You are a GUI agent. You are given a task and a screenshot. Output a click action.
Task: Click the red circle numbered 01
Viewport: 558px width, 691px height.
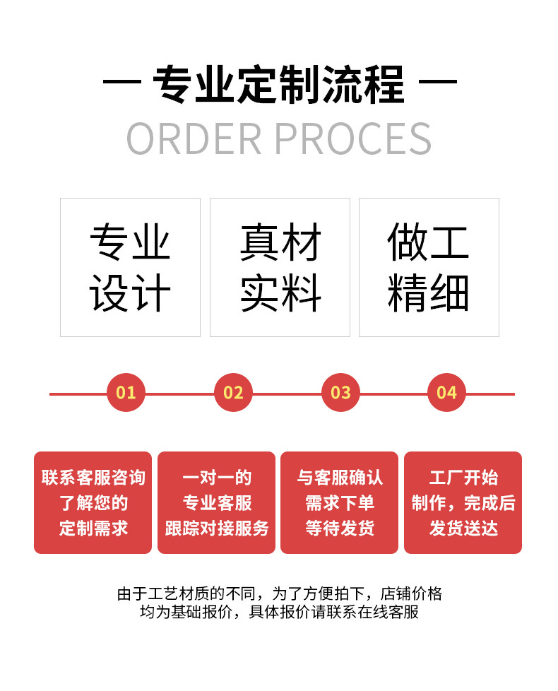coord(126,393)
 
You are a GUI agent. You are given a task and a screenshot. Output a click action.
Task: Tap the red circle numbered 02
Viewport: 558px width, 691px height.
coord(233,393)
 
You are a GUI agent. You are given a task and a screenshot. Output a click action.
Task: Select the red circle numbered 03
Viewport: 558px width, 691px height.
coord(340,393)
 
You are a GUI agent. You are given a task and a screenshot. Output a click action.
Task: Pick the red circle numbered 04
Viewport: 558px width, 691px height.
coord(446,393)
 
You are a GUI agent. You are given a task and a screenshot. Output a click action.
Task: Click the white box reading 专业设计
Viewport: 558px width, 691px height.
coord(130,267)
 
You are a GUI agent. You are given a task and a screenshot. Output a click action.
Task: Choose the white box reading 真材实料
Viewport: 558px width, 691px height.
coord(280,267)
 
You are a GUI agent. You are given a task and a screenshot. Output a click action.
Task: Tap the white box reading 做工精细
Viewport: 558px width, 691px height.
coord(429,267)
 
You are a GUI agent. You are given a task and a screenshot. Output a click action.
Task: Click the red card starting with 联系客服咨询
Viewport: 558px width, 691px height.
coord(93,502)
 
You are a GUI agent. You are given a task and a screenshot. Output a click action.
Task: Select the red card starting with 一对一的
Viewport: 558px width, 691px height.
coord(216,502)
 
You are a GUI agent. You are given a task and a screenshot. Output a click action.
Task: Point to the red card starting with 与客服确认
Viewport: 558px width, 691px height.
coord(339,502)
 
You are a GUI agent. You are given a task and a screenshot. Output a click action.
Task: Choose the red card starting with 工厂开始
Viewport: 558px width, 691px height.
coord(463,502)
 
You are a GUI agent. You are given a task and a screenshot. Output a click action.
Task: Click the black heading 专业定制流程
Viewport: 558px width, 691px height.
coord(279,85)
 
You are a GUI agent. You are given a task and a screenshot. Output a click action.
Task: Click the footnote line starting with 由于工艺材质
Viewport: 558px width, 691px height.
coord(279,593)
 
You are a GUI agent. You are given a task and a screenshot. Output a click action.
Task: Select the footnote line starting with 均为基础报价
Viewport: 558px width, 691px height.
coord(279,612)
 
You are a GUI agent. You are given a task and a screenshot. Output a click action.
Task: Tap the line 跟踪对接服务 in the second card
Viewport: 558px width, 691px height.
coord(216,528)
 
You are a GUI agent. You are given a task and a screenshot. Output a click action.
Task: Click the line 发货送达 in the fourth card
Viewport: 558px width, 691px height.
coord(463,528)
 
